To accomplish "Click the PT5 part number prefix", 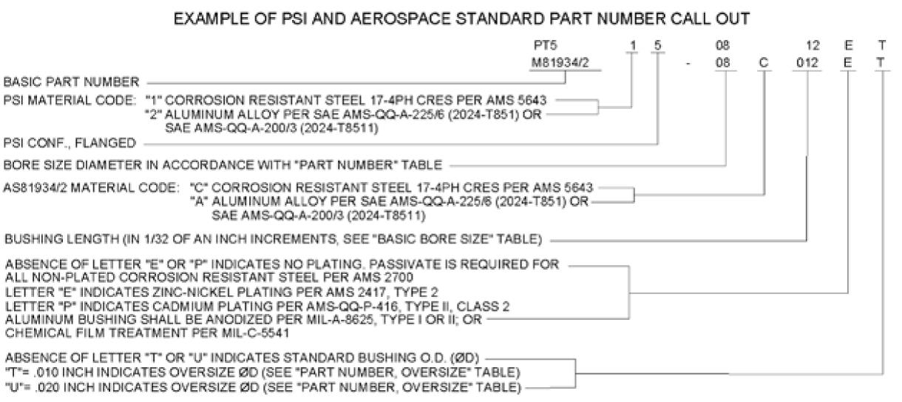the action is tap(545, 45).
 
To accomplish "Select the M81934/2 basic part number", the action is tap(560, 62).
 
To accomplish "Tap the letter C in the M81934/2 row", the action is tap(764, 62).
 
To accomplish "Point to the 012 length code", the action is tap(807, 62).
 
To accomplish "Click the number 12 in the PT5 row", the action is tap(813, 45).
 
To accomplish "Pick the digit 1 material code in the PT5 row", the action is tap(633, 45).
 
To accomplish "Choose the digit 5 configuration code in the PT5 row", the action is tap(657, 45).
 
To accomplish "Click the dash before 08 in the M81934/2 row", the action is tap(688, 64).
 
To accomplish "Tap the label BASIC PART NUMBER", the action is tap(71, 82).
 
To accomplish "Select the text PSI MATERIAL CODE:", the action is tap(70, 100).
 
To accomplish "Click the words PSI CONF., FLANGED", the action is tap(69, 143).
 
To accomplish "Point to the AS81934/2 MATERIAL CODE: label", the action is tap(92, 187).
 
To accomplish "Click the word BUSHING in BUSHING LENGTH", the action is tap(33, 239).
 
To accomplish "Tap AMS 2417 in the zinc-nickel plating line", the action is tap(358, 292).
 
